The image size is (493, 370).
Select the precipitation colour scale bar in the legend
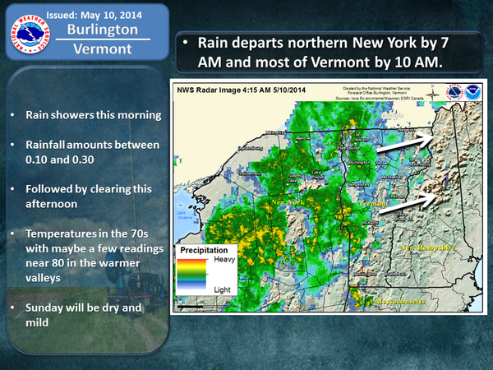[x=194, y=274]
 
